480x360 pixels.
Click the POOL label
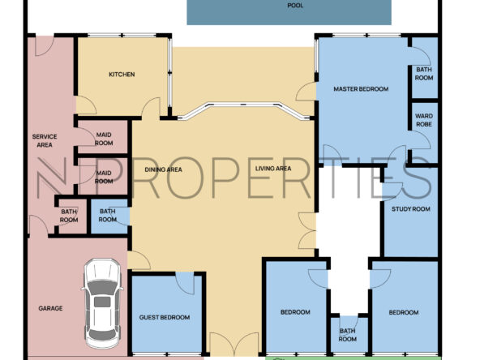[295, 6]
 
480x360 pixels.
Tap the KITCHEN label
[122, 75]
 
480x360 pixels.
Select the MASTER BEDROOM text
[361, 89]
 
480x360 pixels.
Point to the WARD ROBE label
[424, 120]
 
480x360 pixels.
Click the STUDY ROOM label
[411, 209]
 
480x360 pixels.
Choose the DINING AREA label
[163, 169]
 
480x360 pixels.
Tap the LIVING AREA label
[273, 169]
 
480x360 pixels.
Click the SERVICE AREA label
[45, 141]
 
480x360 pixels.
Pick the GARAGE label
[50, 308]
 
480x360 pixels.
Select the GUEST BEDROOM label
[165, 318]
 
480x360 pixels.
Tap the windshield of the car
[102, 287]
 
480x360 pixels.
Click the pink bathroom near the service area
[71, 216]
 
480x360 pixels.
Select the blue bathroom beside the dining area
[109, 216]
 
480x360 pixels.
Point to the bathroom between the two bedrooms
[348, 334]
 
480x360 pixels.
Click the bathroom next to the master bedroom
[424, 69]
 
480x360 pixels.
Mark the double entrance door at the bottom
[234, 344]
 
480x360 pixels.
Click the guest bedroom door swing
[185, 283]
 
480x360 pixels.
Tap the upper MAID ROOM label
[104, 139]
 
